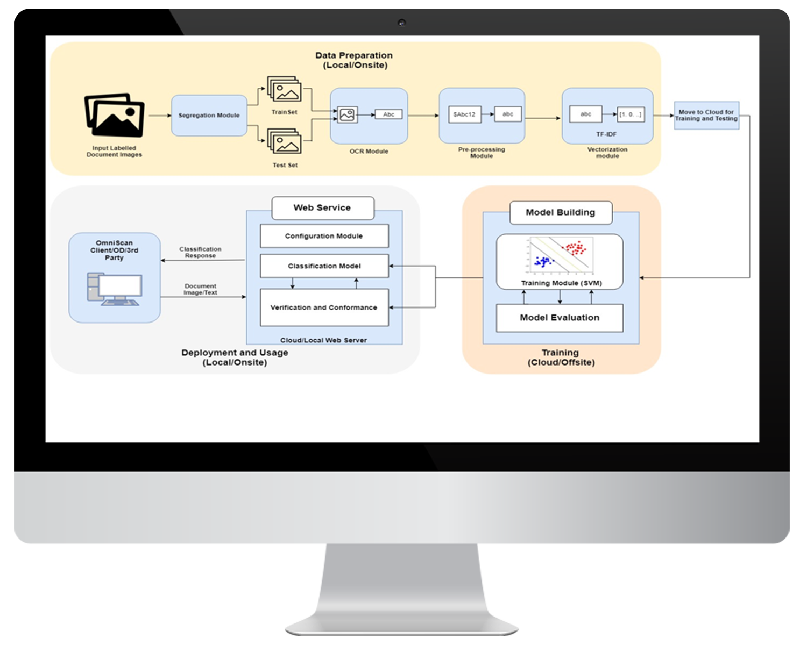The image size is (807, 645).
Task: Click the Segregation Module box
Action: pyautogui.click(x=209, y=116)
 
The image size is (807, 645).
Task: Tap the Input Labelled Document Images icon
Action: pyautogui.click(x=114, y=115)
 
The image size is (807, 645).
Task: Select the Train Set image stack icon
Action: pyautogui.click(x=285, y=90)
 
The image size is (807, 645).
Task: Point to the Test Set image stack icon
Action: pyautogui.click(x=285, y=142)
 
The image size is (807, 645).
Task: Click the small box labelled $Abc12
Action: pyautogui.click(x=464, y=114)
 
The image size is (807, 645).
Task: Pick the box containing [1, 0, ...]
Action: pyautogui.click(x=630, y=114)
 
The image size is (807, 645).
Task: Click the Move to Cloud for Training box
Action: pyautogui.click(x=706, y=116)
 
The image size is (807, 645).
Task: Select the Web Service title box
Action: pyautogui.click(x=322, y=208)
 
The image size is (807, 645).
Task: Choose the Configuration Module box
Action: pyautogui.click(x=324, y=236)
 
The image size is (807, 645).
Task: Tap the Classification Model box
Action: pyautogui.click(x=324, y=266)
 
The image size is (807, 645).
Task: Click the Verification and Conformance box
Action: pyautogui.click(x=324, y=307)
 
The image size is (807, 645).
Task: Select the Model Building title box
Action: pyautogui.click(x=561, y=212)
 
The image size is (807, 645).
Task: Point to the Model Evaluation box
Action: pyautogui.click(x=560, y=318)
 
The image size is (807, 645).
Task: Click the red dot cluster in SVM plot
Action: pyautogui.click(x=575, y=248)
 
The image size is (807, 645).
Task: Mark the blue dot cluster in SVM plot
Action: pyautogui.click(x=543, y=262)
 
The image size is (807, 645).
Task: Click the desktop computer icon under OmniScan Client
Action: pyautogui.click(x=115, y=289)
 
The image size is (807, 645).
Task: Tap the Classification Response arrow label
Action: pyautogui.click(x=200, y=253)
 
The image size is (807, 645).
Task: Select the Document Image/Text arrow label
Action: pyautogui.click(x=200, y=290)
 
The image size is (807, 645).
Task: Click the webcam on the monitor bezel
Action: pyautogui.click(x=401, y=23)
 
